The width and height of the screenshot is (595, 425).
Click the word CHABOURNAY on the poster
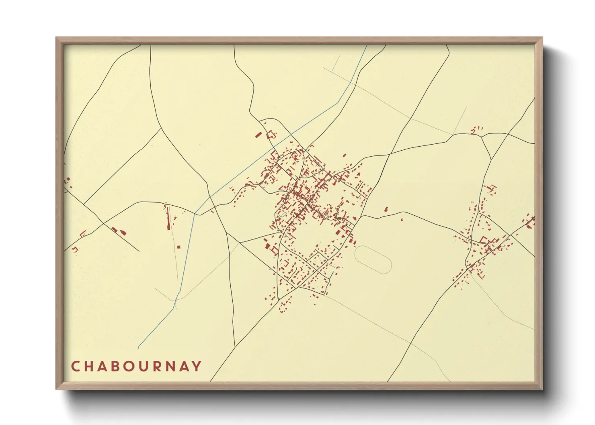point(136,366)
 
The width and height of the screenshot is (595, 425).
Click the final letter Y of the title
point(197,366)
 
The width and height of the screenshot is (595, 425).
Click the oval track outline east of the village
point(373,260)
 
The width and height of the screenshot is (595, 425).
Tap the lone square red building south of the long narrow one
point(178,247)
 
